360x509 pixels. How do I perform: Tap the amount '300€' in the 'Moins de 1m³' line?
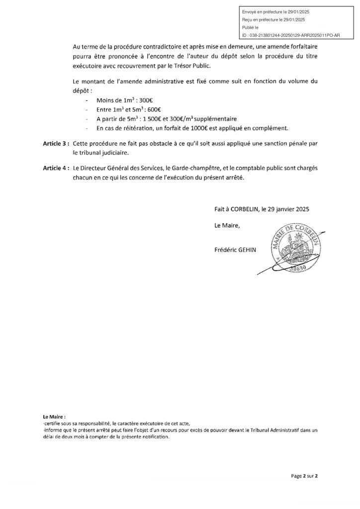(132, 100)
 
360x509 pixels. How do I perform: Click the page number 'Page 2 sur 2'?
(304, 476)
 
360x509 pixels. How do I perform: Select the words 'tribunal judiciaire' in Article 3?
(101, 153)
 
